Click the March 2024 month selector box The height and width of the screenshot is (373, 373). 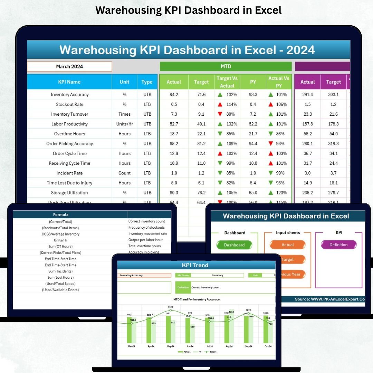pyautogui.click(x=69, y=66)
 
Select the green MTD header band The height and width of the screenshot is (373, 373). pyautogui.click(x=226, y=66)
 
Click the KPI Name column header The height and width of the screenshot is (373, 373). pyautogui.click(x=69, y=82)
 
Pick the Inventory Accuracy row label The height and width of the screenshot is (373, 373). pyautogui.click(x=69, y=95)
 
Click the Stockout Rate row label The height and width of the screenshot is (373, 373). pyautogui.click(x=69, y=104)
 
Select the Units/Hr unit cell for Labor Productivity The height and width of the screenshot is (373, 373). pyautogui.click(x=124, y=124)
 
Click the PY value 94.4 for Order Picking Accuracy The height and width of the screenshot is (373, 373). pyautogui.click(x=253, y=144)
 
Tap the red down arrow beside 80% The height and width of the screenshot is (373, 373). pyautogui.click(x=220, y=114)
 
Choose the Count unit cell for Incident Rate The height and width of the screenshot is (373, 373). pyautogui.click(x=124, y=173)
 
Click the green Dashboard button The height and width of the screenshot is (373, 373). pyautogui.click(x=234, y=245)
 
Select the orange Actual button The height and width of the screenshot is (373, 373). pyautogui.click(x=287, y=245)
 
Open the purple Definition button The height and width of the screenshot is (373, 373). pyautogui.click(x=338, y=245)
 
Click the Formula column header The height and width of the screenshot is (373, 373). pyautogui.click(x=60, y=214)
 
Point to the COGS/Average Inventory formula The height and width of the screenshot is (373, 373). pyautogui.click(x=60, y=234)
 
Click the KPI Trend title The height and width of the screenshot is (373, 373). pyautogui.click(x=195, y=265)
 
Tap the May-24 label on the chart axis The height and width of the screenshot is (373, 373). pyautogui.click(x=171, y=346)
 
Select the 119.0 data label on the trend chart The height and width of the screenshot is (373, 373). pyautogui.click(x=171, y=307)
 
